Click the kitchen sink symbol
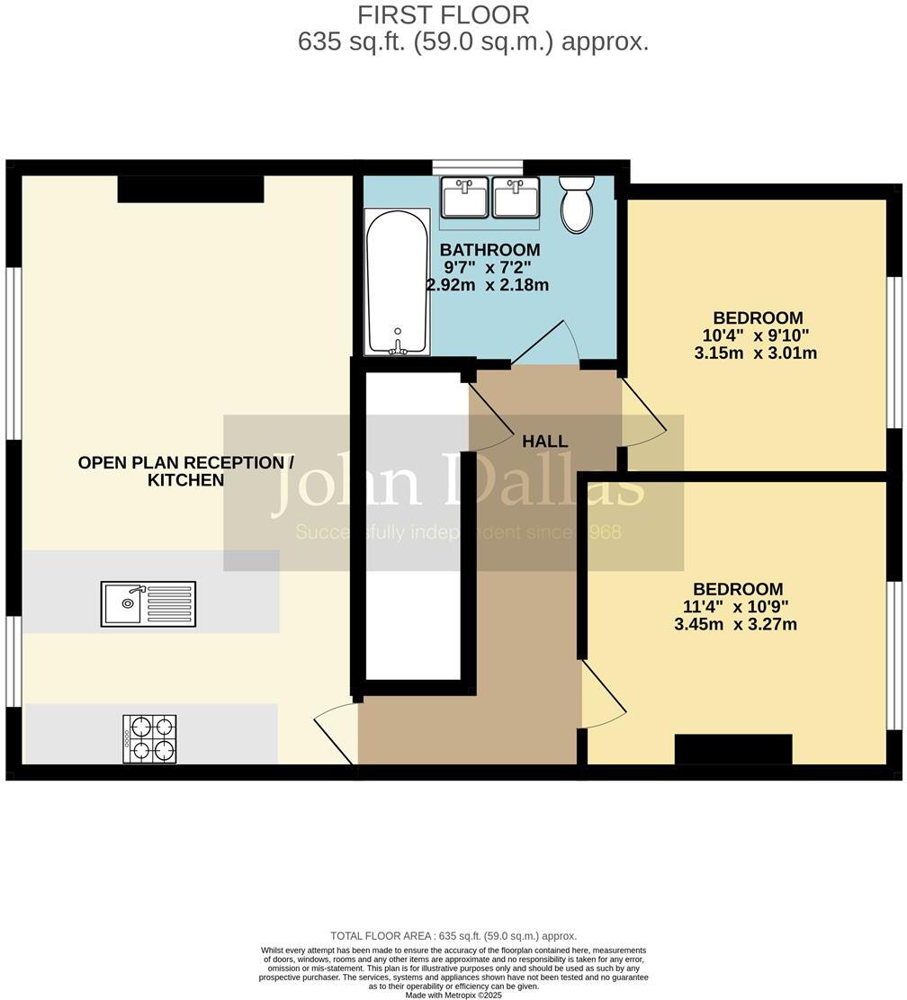tap(148, 603)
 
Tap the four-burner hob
tap(149, 739)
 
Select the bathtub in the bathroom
tap(396, 281)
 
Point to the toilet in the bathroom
tap(577, 203)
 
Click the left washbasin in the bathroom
tap(464, 197)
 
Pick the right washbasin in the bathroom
tap(516, 197)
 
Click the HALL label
tap(545, 442)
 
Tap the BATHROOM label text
tap(489, 249)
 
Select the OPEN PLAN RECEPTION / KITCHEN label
tap(185, 471)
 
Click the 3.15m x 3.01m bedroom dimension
tap(755, 353)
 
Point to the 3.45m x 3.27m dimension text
tap(735, 624)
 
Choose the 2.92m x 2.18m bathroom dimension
tap(487, 285)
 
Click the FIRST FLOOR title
tap(444, 15)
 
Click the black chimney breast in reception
tap(191, 189)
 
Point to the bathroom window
tap(477, 166)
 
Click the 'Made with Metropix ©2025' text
tap(453, 995)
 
